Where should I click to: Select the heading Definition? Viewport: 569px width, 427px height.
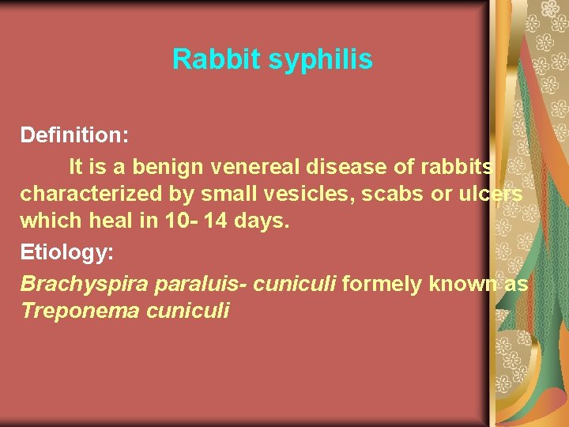pyautogui.click(x=75, y=135)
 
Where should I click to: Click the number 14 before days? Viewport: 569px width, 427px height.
pyautogui.click(x=215, y=222)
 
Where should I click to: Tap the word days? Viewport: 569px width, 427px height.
pyautogui.click(x=261, y=222)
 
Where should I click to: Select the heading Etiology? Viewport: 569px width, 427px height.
pyautogui.click(x=67, y=254)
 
